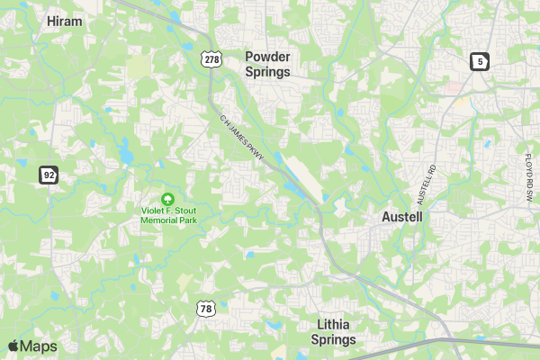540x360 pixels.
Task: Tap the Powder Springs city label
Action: (267, 64)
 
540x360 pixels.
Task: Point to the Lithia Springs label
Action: (333, 332)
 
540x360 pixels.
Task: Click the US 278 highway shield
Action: (211, 58)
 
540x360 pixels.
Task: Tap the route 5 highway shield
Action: (479, 61)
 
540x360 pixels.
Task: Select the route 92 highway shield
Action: (48, 174)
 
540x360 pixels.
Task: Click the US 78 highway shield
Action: (206, 309)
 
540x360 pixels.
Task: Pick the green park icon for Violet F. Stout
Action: (166, 198)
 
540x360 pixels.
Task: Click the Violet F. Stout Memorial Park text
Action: (174, 216)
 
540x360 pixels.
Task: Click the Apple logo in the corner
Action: (13, 346)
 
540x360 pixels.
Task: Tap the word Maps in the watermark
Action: (39, 346)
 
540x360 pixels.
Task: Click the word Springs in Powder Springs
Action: (267, 72)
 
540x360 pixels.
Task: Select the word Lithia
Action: (333, 324)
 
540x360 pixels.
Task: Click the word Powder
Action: (267, 56)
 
